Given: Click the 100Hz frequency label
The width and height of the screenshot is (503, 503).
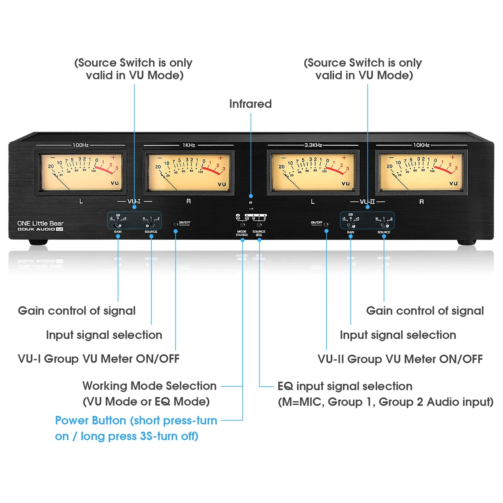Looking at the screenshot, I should point(80,145).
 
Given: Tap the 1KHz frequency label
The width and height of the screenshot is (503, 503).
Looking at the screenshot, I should point(189,145).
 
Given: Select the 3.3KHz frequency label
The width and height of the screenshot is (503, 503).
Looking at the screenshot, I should point(313,145).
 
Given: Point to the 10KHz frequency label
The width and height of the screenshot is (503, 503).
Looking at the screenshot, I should point(421,145).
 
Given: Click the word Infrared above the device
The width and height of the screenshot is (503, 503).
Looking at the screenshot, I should point(250,104).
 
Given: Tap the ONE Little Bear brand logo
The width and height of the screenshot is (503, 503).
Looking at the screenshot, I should point(40,224).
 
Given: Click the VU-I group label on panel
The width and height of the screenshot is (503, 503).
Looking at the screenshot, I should point(134,201).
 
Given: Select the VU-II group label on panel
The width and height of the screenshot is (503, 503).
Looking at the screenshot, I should point(367,202).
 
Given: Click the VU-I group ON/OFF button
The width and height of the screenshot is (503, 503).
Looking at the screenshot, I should point(175,225).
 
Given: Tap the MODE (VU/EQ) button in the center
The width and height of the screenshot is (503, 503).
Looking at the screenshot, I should point(242,225).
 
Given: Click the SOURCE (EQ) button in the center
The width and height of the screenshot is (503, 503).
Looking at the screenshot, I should point(259,225).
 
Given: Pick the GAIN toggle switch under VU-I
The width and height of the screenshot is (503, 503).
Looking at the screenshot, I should point(118,225).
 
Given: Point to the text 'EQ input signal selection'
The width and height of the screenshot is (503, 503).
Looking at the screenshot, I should point(345,386).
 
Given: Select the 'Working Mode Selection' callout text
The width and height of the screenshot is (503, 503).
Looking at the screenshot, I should point(149,386).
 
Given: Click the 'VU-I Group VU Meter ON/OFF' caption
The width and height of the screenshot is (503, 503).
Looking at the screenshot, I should point(98,359).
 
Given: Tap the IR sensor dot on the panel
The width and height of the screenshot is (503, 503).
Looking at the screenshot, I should point(251,209).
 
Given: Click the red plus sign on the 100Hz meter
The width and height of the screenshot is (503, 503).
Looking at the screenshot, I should point(113,157).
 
